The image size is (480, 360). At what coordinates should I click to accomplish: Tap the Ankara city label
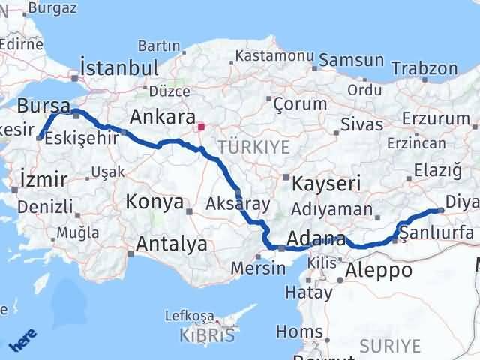pyautogui.click(x=162, y=118)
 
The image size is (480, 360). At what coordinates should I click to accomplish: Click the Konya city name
pyautogui.click(x=155, y=202)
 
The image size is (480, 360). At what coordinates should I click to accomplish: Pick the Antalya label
pyautogui.click(x=171, y=244)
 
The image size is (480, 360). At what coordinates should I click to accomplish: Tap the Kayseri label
pyautogui.click(x=327, y=183)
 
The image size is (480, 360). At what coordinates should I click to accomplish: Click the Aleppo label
pyautogui.click(x=379, y=270)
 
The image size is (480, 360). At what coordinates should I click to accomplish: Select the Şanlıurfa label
pyautogui.click(x=436, y=233)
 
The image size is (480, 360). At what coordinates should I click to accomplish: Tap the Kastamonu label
pyautogui.click(x=274, y=56)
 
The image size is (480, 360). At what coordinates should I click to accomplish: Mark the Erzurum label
pyautogui.click(x=435, y=118)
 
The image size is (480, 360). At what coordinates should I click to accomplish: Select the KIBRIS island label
pyautogui.click(x=207, y=334)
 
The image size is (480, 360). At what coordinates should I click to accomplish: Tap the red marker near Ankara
pyautogui.click(x=201, y=127)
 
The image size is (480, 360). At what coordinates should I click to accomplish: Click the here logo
pyautogui.click(x=23, y=341)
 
